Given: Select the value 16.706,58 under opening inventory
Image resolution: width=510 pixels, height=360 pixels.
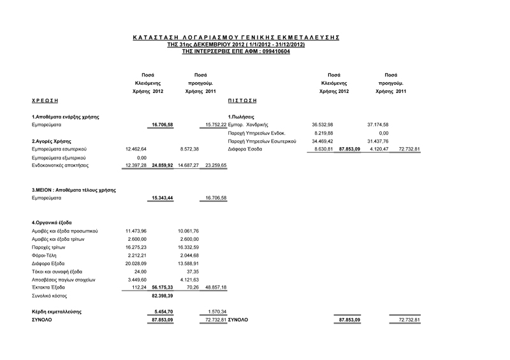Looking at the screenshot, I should [x=162, y=125].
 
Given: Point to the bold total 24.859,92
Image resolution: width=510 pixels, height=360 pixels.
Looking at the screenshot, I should [x=163, y=166].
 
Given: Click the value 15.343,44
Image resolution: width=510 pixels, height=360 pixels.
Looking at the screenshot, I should [x=162, y=198].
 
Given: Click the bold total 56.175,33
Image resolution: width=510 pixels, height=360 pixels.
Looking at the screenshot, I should [x=163, y=288].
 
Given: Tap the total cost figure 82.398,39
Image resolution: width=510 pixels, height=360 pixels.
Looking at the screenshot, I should [x=162, y=296].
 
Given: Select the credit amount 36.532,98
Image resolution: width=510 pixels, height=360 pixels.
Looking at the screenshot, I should [x=323, y=125].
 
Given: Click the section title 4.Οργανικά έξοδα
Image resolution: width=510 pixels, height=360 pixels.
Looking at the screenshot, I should [x=56, y=222].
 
